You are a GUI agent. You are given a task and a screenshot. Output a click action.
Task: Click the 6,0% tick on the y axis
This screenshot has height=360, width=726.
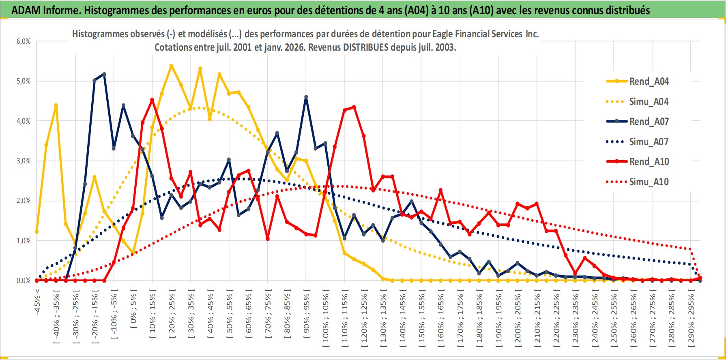tap(24, 41)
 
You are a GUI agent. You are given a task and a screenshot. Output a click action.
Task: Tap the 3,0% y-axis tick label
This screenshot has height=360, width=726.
tap(24, 161)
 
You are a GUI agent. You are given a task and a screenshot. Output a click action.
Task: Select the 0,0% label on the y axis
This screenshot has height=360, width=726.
tap(24, 281)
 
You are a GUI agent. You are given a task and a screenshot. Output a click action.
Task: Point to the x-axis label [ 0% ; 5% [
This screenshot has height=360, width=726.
tap(133, 309)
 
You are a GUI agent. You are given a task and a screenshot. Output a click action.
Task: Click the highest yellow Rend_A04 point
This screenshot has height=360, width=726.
tap(171, 65)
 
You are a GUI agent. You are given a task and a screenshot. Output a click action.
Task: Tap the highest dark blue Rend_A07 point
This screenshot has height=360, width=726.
tap(104, 74)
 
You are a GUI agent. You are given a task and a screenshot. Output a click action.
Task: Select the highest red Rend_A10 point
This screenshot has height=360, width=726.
tap(152, 99)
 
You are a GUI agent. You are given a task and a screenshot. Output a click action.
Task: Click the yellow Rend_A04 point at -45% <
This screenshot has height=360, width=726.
tap(37, 231)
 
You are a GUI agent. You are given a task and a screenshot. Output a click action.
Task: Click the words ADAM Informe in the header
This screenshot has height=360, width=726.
tap(45, 10)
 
